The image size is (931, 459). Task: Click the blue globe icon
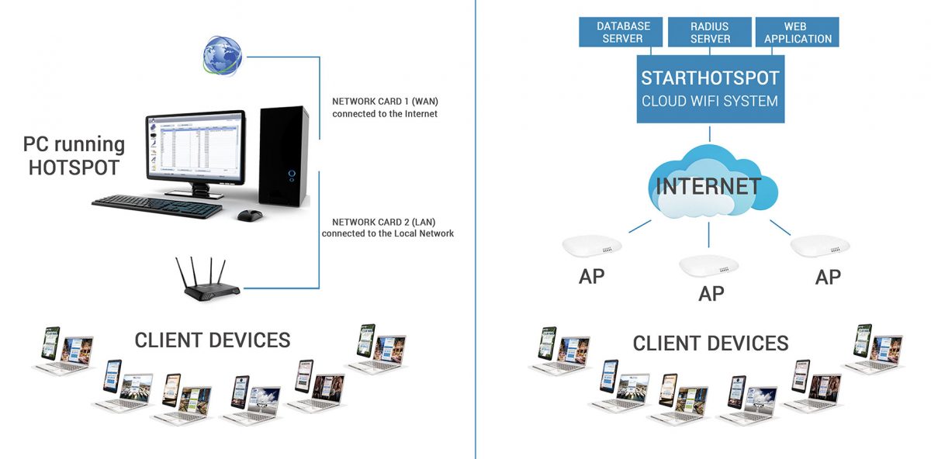(223, 56)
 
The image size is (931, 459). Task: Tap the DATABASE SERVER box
(621, 32)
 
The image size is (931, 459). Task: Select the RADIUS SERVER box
(709, 32)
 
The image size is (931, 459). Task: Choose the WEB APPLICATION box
(798, 32)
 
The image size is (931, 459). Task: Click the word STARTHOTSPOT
(710, 78)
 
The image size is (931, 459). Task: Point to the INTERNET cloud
(712, 182)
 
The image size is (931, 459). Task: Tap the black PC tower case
(284, 156)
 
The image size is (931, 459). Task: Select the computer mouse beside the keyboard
(250, 216)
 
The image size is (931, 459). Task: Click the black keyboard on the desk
(157, 206)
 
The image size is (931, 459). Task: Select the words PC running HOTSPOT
(74, 156)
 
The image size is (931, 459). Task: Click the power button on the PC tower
(292, 173)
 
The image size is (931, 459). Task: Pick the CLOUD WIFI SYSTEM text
(710, 101)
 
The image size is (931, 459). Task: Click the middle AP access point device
(708, 265)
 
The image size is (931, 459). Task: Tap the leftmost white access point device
(592, 246)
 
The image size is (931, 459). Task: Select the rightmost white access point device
(819, 246)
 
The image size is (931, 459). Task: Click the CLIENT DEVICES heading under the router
(213, 340)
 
